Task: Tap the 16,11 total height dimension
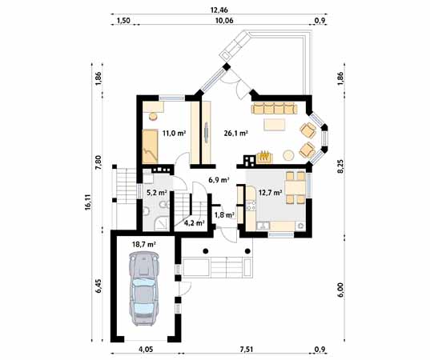(x=86, y=206)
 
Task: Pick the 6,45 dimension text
(x=98, y=286)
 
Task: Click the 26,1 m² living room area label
(x=235, y=134)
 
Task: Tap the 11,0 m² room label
(x=173, y=134)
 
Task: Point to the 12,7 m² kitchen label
(x=271, y=192)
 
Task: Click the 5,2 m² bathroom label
(x=156, y=192)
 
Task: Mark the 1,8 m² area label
(x=224, y=214)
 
